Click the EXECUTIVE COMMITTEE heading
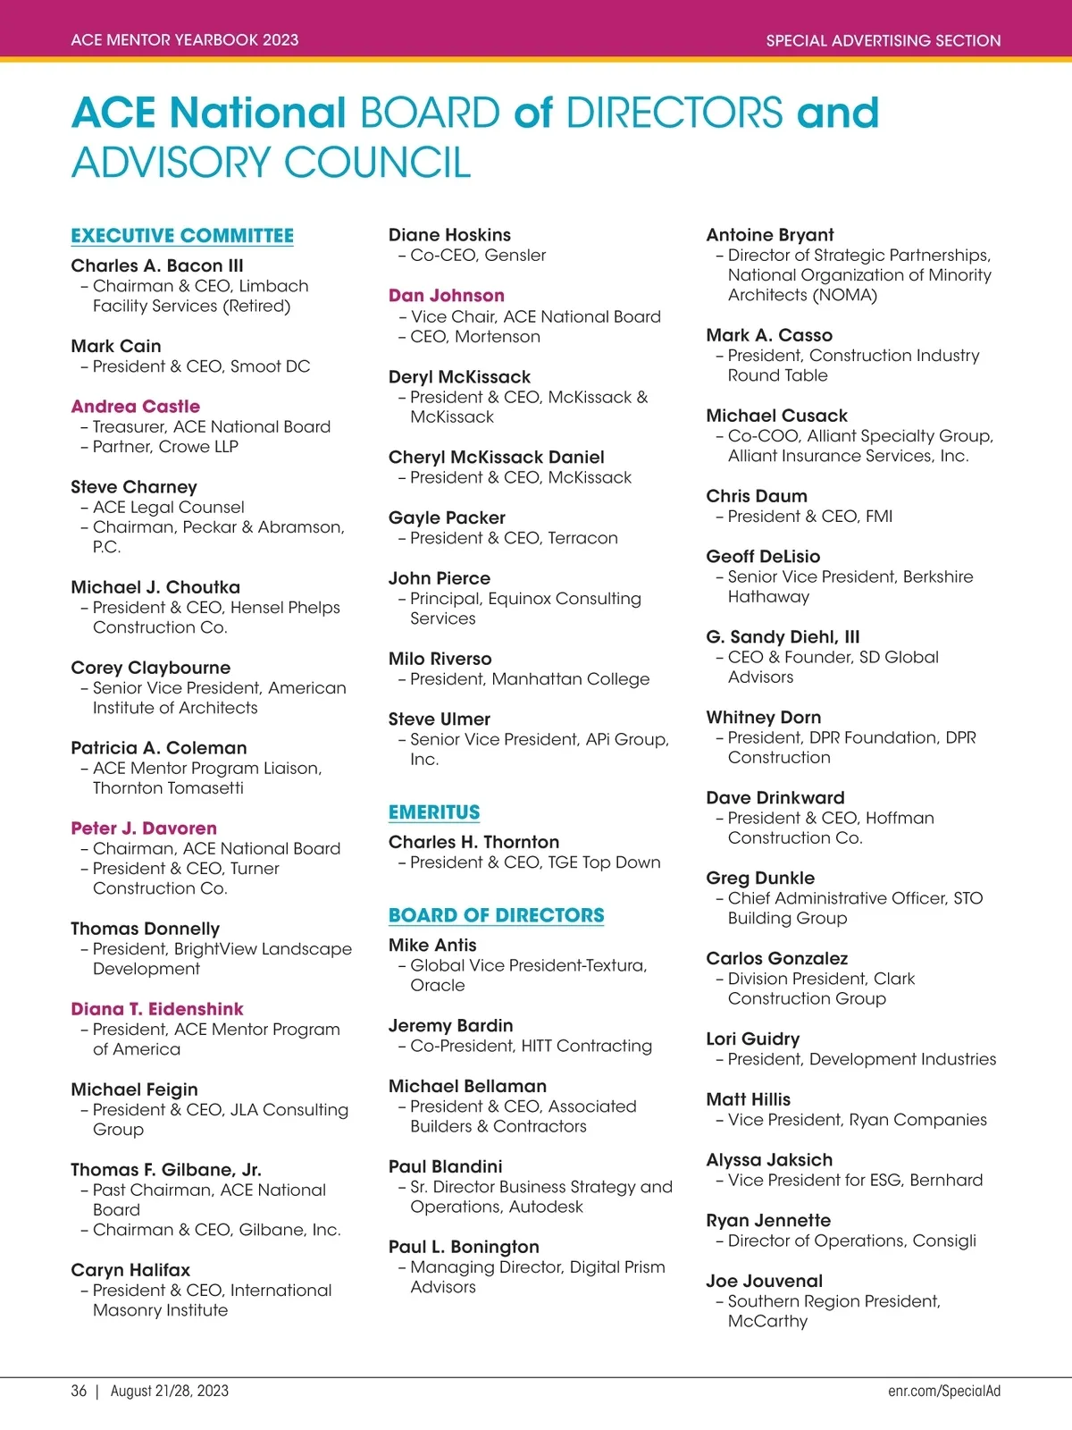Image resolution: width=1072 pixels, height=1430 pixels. [182, 236]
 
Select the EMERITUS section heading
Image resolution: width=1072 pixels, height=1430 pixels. [434, 812]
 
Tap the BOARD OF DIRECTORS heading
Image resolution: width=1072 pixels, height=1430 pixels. [496, 915]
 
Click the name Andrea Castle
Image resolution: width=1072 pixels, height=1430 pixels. [136, 407]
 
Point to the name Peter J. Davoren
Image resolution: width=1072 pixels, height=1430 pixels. [144, 829]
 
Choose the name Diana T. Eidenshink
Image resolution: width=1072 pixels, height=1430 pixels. [157, 1009]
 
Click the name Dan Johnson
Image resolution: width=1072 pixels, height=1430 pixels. [447, 296]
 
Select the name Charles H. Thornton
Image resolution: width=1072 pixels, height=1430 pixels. [473, 842]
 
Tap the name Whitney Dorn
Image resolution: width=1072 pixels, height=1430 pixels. [764, 718]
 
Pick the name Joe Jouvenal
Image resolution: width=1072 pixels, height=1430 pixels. [765, 1281]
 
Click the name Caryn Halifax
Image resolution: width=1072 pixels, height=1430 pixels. [130, 1270]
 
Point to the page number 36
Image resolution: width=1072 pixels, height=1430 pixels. [80, 1391]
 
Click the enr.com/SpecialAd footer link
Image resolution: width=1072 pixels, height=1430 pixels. [944, 1391]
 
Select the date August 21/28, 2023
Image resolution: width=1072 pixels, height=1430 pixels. [170, 1391]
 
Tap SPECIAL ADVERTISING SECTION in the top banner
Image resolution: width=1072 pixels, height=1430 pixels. [884, 40]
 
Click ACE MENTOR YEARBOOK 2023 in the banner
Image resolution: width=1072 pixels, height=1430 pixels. [185, 40]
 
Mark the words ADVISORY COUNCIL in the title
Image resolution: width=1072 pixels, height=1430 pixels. [271, 163]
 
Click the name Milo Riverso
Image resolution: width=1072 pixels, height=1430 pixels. [440, 659]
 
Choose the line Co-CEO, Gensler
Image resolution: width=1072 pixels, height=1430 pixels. [478, 256]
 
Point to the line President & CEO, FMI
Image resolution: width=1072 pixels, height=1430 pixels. [810, 517]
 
